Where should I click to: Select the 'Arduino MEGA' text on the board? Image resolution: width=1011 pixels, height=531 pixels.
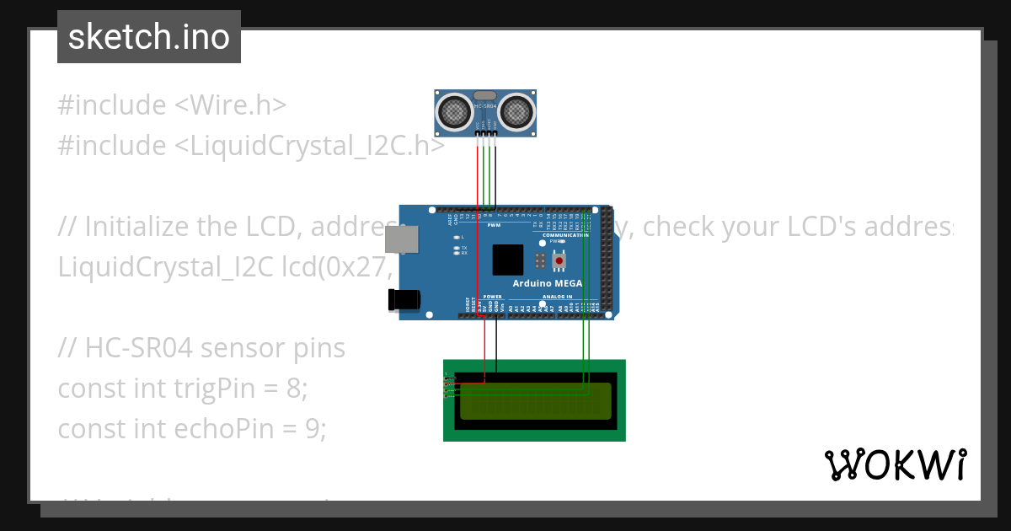pyautogui.click(x=548, y=283)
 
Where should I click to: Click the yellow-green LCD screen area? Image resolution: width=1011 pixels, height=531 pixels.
pyautogui.click(x=534, y=401)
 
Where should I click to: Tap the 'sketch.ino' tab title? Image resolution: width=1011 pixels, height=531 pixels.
pyautogui.click(x=148, y=37)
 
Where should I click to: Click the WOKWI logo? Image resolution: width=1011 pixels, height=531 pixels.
pyautogui.click(x=895, y=465)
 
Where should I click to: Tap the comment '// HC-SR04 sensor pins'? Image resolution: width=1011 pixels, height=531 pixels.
pyautogui.click(x=201, y=348)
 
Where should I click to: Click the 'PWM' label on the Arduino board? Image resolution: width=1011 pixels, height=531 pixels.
pyautogui.click(x=494, y=226)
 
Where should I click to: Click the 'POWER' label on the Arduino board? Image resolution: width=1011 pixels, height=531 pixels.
pyautogui.click(x=493, y=297)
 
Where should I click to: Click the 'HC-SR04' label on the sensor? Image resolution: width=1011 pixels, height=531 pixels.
pyautogui.click(x=485, y=107)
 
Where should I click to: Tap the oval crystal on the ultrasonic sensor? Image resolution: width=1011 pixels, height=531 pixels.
pyautogui.click(x=485, y=95)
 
